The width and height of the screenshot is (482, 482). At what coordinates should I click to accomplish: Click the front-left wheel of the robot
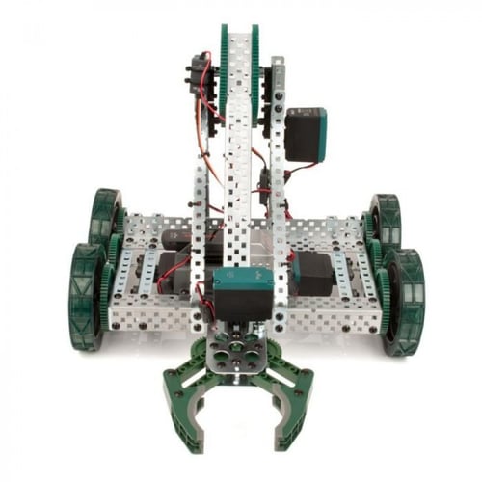click(x=85, y=295)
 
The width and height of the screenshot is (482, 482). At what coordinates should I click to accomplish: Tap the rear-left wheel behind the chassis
click(x=105, y=218)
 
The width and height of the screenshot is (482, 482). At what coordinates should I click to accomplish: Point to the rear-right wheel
click(x=384, y=222)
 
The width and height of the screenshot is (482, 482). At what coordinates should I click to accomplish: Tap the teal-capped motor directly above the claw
click(x=241, y=295)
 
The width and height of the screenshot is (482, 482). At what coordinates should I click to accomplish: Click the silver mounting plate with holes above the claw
click(x=240, y=353)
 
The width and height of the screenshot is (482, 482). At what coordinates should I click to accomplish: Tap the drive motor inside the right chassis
click(x=314, y=274)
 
